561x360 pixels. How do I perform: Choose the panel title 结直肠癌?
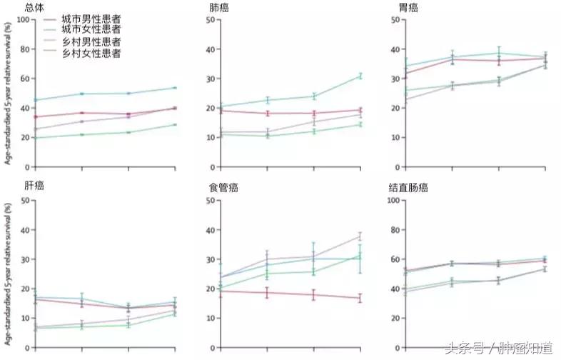[428, 188]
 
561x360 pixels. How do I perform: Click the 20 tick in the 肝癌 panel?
[25, 289]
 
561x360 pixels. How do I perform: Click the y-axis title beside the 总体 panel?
[8, 93]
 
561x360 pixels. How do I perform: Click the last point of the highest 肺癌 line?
[360, 76]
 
